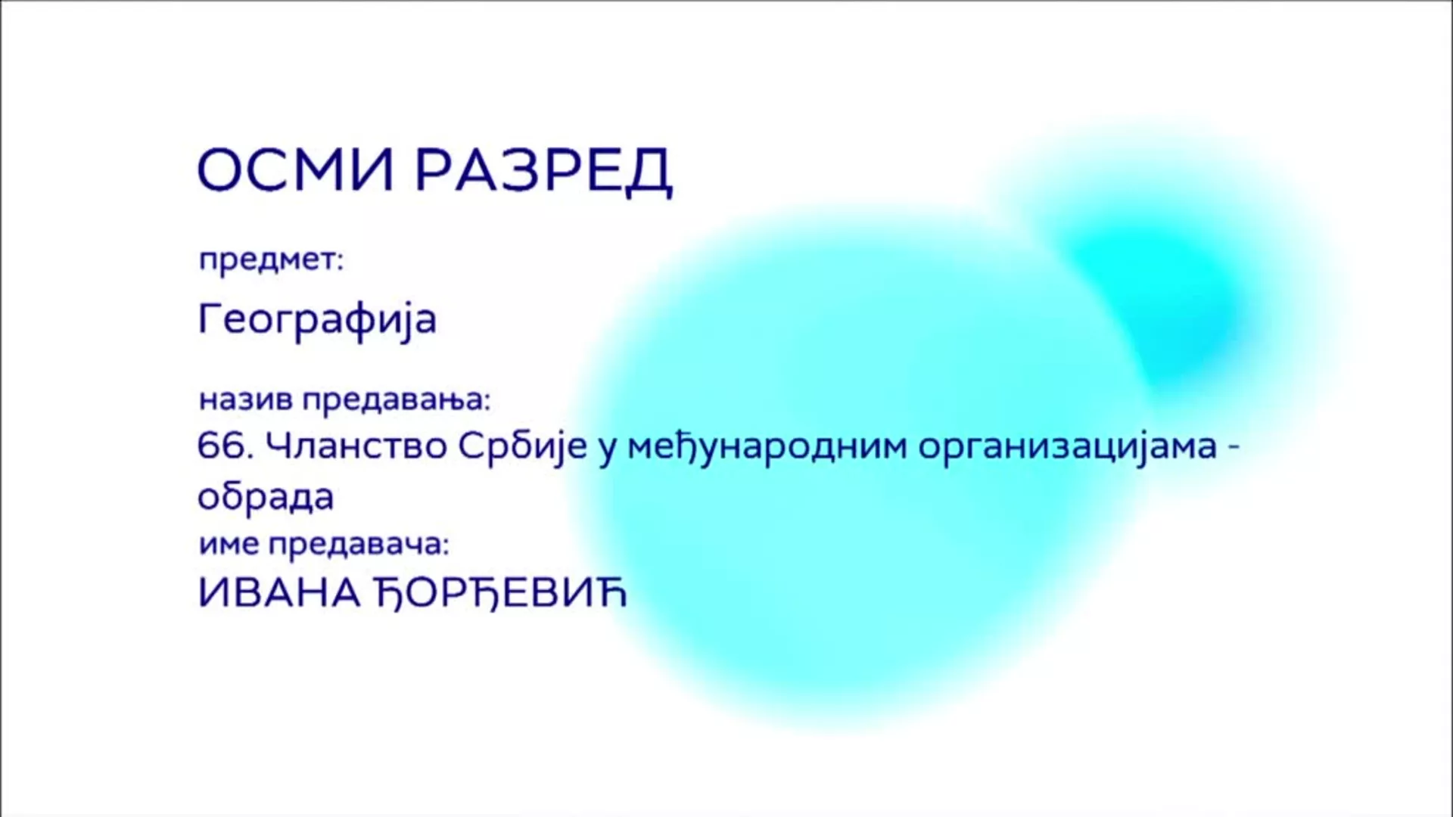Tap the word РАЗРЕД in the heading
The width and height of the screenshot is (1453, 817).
(x=544, y=172)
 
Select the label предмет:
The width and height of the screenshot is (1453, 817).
(x=271, y=260)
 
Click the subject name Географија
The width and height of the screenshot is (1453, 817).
(x=317, y=318)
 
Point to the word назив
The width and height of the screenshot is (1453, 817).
(x=246, y=399)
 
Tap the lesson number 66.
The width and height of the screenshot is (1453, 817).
(x=226, y=446)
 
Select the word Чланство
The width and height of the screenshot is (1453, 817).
(x=357, y=446)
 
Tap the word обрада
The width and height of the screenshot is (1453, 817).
(x=266, y=498)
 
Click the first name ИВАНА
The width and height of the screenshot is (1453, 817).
(x=279, y=594)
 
